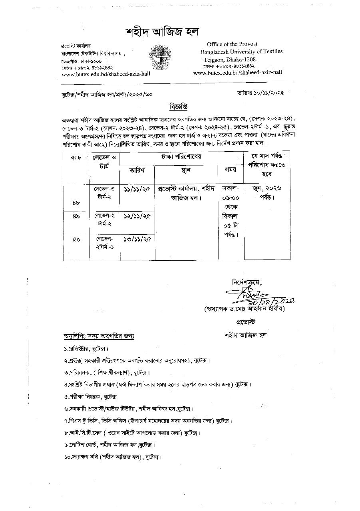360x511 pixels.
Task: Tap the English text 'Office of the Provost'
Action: pos(232,44)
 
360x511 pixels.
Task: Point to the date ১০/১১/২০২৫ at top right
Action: pos(265,93)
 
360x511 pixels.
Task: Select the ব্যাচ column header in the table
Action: pos(76,157)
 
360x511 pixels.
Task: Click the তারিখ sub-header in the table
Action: pos(137,170)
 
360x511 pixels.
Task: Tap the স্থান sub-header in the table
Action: pos(185,170)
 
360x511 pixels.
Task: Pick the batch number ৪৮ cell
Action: pos(76,203)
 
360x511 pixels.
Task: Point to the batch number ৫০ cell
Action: pos(76,240)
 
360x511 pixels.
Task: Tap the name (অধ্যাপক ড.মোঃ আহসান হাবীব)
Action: pos(245,309)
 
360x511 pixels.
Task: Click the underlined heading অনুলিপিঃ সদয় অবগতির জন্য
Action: pos(99,336)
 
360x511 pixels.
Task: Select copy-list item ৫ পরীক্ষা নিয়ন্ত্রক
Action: pos(91,397)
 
